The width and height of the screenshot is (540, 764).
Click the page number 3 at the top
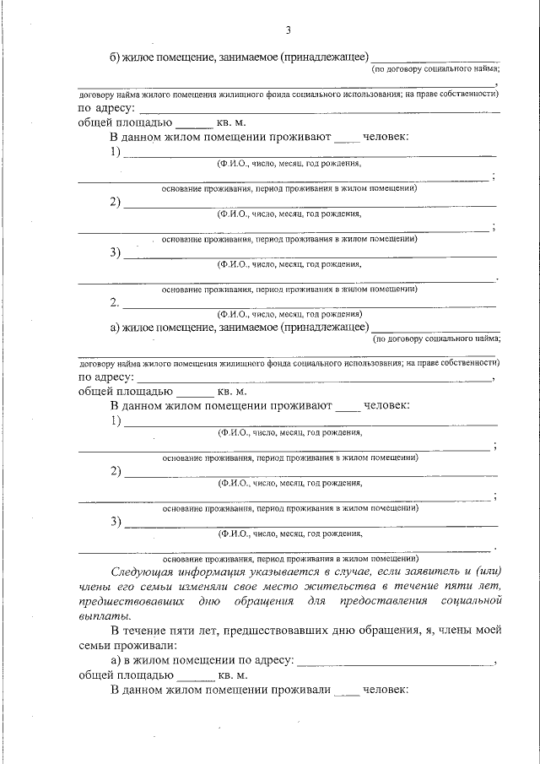288,31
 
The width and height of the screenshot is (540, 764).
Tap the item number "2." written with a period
116,301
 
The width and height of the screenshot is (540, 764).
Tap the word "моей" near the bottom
488,631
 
